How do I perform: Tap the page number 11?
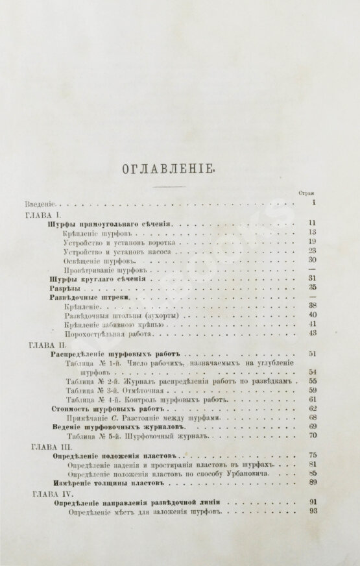311,223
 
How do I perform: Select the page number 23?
311,251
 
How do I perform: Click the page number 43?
311,333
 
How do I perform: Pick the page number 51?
311,354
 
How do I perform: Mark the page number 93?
311,510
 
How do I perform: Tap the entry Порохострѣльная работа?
108,334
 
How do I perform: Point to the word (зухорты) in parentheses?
158,315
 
